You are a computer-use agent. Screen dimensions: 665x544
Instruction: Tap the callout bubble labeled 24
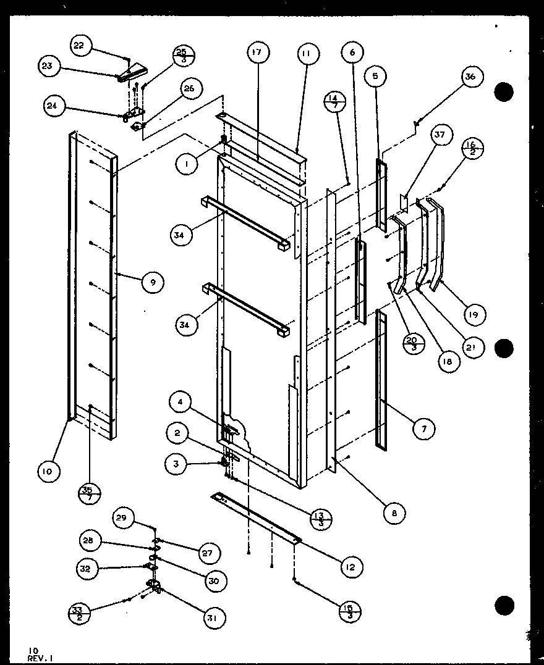(54, 106)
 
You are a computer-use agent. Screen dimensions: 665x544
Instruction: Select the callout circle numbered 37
(443, 135)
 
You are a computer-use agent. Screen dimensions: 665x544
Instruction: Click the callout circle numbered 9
(152, 283)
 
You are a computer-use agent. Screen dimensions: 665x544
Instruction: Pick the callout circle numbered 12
(351, 567)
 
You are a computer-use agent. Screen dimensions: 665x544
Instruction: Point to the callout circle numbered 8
(394, 512)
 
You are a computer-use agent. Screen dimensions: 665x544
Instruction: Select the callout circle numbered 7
(423, 428)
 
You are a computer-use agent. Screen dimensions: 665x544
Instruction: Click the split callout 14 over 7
(334, 102)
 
